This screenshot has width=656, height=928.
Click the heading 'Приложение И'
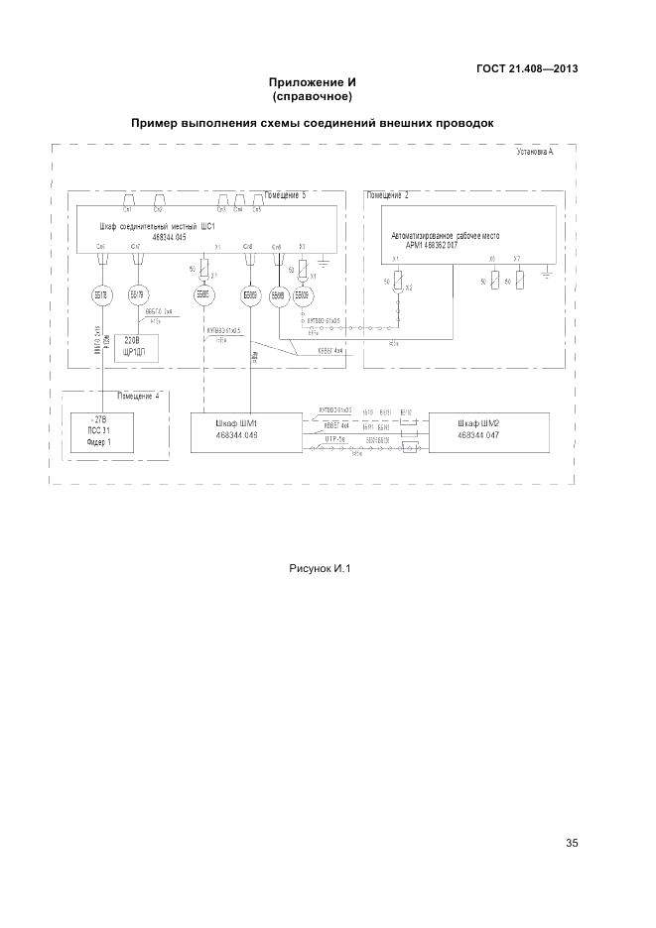312,82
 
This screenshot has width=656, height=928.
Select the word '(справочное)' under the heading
312,96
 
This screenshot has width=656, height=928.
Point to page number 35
572,844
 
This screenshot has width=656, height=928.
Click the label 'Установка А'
534,154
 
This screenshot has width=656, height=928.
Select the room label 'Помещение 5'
285,196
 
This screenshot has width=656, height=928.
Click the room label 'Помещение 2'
388,196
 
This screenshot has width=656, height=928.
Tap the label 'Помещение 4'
138,396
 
